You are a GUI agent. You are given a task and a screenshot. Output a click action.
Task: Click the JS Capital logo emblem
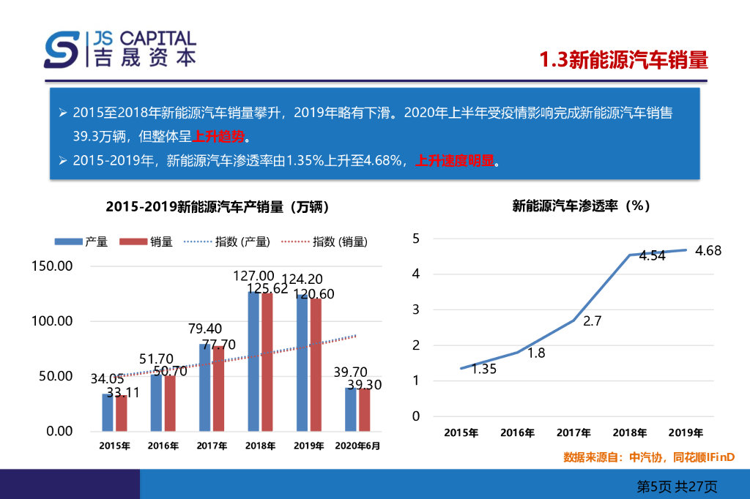coord(62,49)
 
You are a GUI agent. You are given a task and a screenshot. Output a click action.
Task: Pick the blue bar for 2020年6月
coord(350,409)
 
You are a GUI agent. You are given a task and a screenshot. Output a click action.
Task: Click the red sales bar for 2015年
coord(122,413)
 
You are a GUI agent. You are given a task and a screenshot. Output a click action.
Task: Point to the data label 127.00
coord(254,276)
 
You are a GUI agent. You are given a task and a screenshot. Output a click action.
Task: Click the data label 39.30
coord(365,385)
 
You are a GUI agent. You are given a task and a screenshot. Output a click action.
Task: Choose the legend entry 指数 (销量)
coord(325,241)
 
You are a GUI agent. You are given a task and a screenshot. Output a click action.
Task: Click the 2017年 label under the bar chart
coord(212,445)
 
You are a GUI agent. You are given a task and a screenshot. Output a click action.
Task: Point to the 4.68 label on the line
coord(708,251)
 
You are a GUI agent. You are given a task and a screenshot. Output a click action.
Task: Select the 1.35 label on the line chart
coord(483,369)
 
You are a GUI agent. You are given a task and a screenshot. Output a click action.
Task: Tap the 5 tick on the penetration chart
coord(416,239)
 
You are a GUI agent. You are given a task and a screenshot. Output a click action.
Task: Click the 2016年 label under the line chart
coord(518,432)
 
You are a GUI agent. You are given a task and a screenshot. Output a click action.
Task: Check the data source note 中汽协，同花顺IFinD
coord(648,457)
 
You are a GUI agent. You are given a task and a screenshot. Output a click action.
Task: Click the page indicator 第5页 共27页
coord(677,486)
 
